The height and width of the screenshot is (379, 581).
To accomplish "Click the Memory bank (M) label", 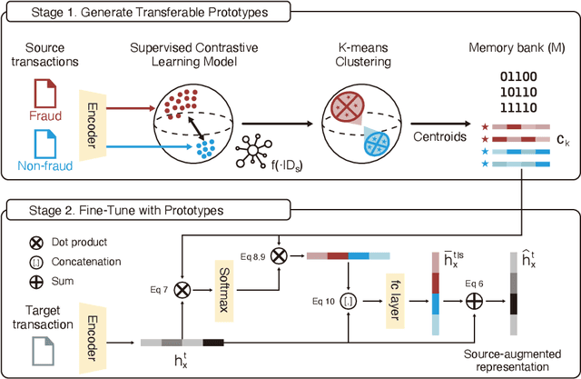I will tap(510, 45).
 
